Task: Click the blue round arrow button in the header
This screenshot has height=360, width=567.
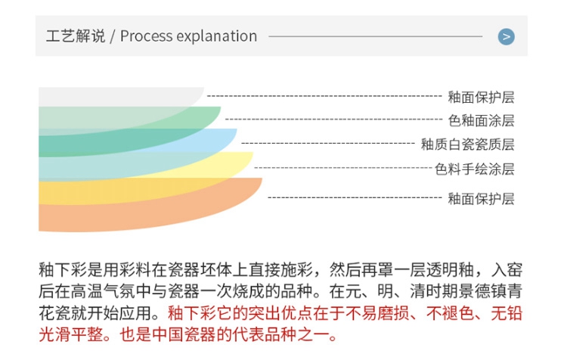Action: pyautogui.click(x=506, y=36)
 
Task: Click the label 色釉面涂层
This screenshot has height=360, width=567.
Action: pyautogui.click(x=481, y=119)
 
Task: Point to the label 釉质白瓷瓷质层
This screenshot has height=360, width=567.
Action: pyautogui.click(x=467, y=144)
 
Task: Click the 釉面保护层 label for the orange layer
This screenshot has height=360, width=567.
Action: pyautogui.click(x=481, y=198)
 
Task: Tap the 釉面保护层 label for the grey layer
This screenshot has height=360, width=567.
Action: pyautogui.click(x=481, y=97)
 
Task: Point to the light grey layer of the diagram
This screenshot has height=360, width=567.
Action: pyautogui.click(x=113, y=96)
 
